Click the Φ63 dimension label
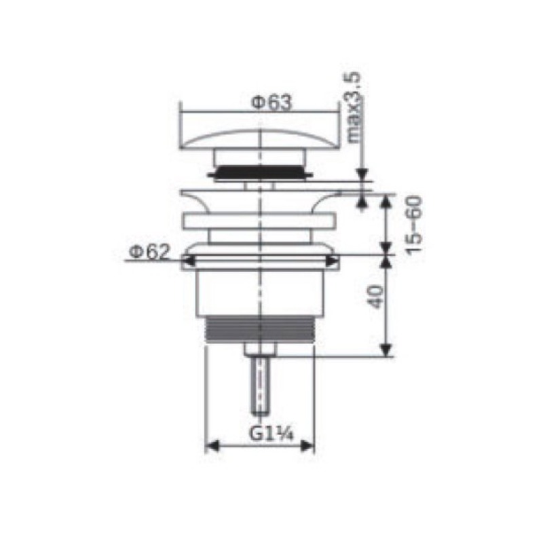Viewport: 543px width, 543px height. (271, 102)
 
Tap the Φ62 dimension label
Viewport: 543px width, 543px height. (149, 252)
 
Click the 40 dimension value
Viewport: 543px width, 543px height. (376, 297)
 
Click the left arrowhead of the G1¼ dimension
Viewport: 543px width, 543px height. (212, 446)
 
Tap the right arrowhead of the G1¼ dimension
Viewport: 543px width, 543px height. (307, 446)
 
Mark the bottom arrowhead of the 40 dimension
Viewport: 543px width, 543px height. (386, 350)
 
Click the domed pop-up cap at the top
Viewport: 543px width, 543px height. (259, 140)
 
